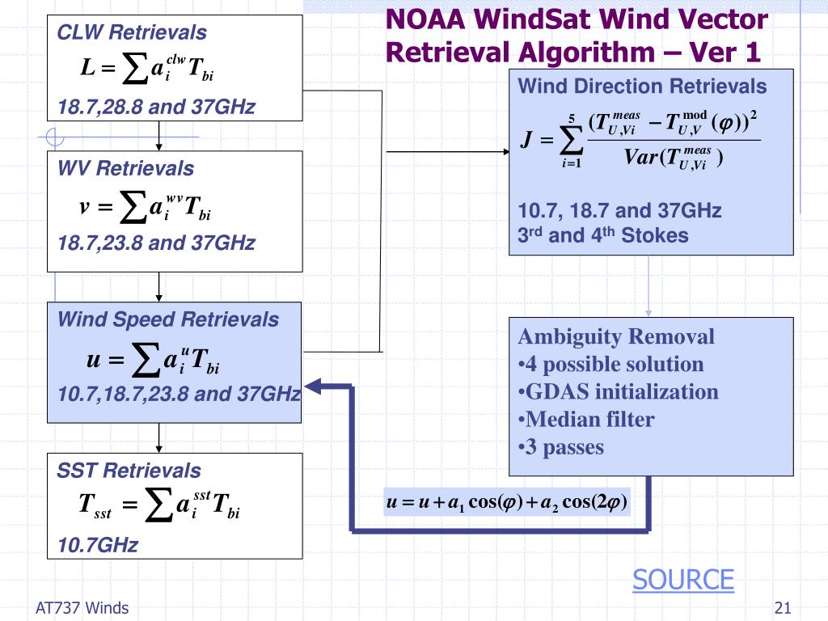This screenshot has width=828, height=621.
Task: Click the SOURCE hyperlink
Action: [x=682, y=580]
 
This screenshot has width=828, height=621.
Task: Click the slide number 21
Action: [x=782, y=608]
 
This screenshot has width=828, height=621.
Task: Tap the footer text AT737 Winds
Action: [x=82, y=608]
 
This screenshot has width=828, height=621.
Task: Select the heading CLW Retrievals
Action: [x=131, y=33]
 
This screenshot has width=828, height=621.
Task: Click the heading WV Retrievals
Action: [x=125, y=168]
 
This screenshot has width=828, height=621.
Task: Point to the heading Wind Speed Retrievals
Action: [x=167, y=319]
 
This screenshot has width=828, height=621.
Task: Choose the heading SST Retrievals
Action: [x=129, y=470]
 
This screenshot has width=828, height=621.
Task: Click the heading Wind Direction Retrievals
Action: [x=641, y=87]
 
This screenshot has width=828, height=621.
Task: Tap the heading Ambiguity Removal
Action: [x=616, y=336]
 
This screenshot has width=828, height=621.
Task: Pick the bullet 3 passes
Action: [x=560, y=447]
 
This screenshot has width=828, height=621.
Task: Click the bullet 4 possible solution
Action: [x=610, y=364]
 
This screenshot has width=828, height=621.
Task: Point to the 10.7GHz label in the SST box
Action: [x=97, y=545]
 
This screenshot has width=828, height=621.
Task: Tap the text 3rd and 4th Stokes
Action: [x=602, y=236]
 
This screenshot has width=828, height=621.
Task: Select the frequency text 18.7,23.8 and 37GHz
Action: [x=156, y=243]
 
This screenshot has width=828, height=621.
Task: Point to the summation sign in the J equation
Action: [x=571, y=142]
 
